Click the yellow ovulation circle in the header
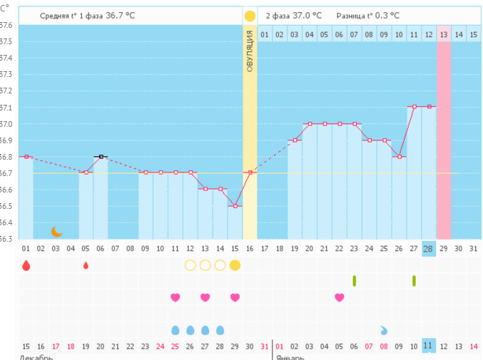pos(250,15)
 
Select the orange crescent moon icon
pos(56,231)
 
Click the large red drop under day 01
pos(26,265)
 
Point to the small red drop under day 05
pos(86,265)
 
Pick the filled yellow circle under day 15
pos(235,265)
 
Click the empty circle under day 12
pos(190,265)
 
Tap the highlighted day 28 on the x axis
pos(428,248)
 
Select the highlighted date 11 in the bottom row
pos(428,346)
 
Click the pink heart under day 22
pos(340,297)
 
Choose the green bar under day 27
pos(414,281)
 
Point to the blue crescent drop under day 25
pos(384,330)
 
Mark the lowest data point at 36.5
pos(235,206)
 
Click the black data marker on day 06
pos(101,156)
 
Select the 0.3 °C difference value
pos(387,15)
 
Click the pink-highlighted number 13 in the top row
pos(444,34)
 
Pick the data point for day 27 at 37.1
pos(414,107)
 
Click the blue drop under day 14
pos(220,330)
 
